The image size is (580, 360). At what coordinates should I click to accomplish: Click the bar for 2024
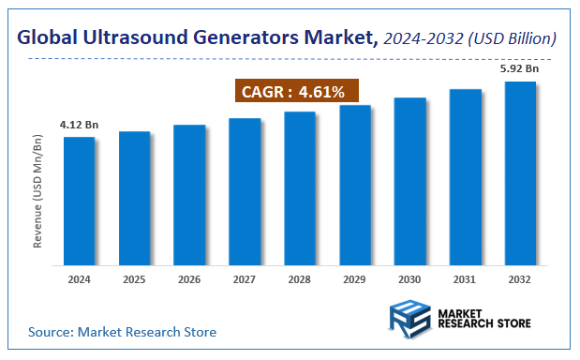[79, 201]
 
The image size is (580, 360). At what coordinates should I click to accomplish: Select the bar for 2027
[245, 191]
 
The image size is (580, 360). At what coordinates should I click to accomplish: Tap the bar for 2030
[410, 181]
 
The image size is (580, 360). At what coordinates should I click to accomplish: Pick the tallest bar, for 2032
[521, 172]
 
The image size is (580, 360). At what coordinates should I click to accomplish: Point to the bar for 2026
[189, 194]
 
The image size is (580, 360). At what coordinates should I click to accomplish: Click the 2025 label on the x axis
[134, 279]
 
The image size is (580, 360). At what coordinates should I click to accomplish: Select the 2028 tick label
[300, 279]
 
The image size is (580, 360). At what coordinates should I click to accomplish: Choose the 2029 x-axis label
[355, 279]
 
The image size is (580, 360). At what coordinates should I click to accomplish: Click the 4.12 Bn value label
[79, 124]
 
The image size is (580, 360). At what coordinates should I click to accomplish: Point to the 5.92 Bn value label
[521, 68]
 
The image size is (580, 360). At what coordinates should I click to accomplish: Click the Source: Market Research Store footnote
[122, 332]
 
